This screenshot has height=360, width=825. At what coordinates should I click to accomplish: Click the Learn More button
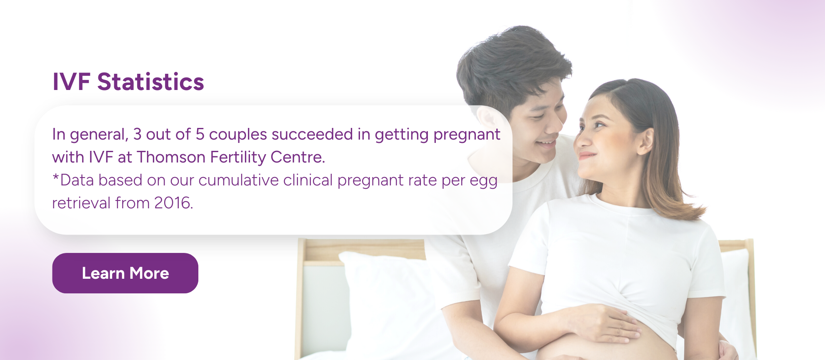[125, 273]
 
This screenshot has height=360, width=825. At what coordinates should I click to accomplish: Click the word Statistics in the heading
[150, 82]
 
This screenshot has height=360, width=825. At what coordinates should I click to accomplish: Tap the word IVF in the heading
[71, 82]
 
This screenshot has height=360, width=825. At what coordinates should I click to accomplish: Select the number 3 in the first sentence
[137, 135]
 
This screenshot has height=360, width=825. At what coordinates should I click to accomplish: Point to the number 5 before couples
[200, 135]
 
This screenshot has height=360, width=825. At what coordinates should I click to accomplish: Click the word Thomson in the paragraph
[171, 157]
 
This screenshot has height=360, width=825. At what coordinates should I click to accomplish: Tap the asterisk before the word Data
[55, 177]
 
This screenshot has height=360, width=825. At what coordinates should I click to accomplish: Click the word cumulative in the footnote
[238, 180]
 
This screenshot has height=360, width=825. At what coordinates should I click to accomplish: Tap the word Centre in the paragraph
[297, 157]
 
